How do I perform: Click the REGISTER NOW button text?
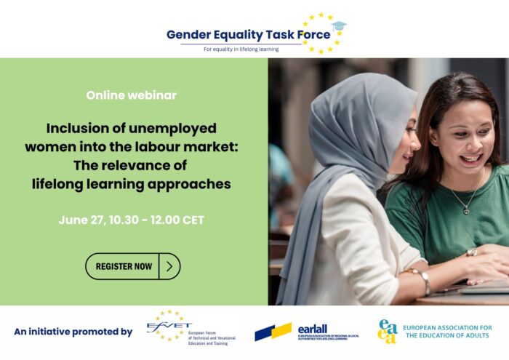[124, 266]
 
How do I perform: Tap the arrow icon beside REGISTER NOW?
[169, 266]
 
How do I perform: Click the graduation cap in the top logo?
[339, 27]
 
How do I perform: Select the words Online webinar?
[131, 95]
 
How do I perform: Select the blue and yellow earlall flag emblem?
[273, 332]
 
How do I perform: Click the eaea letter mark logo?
[388, 331]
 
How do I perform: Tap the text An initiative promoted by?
[73, 332]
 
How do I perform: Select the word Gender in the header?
[190, 34]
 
